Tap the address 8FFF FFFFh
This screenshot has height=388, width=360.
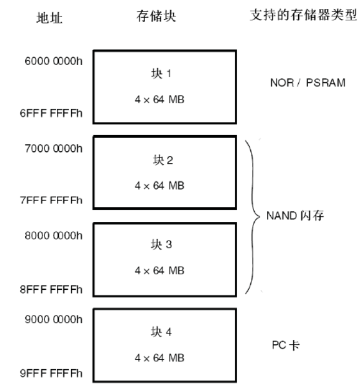click(53, 289)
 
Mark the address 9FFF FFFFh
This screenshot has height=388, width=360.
click(53, 375)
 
